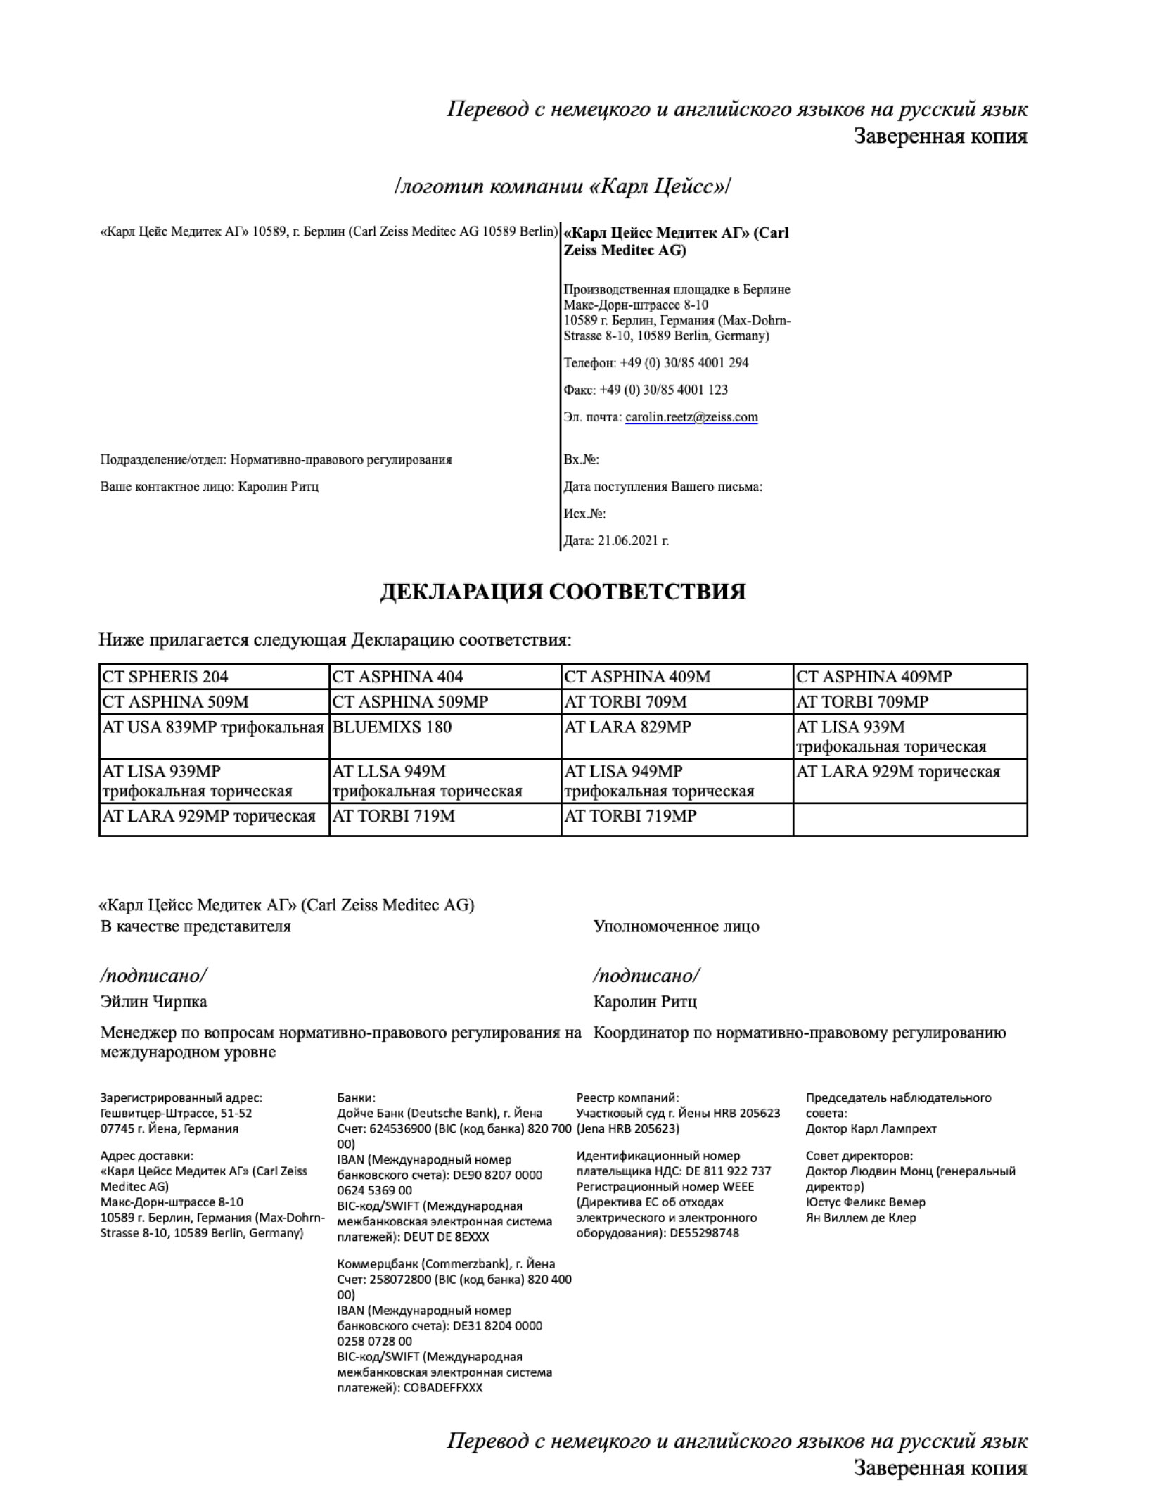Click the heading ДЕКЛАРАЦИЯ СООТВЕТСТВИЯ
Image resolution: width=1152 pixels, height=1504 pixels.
point(562,592)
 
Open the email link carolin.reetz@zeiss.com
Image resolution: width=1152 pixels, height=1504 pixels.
point(691,417)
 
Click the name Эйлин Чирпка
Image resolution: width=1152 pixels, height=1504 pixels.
point(154,1002)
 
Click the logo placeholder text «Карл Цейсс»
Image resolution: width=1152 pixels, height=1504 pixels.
point(563,187)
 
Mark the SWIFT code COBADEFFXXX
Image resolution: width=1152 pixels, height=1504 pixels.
point(443,1388)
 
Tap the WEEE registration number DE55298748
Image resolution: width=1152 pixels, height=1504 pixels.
point(704,1233)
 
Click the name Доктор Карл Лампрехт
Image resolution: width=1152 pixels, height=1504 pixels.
point(871,1129)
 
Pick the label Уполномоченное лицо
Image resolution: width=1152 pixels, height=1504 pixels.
point(676,926)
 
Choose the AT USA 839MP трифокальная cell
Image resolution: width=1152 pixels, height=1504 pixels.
point(213,727)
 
